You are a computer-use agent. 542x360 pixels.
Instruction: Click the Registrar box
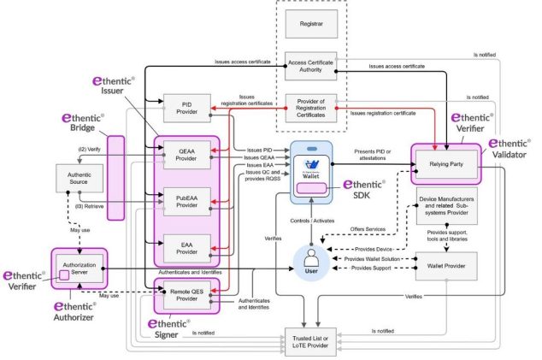pos(310,26)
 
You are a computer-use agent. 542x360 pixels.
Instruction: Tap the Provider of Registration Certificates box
pos(310,112)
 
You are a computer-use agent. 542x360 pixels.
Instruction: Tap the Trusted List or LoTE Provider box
pos(310,340)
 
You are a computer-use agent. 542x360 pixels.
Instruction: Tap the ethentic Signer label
pos(174,332)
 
